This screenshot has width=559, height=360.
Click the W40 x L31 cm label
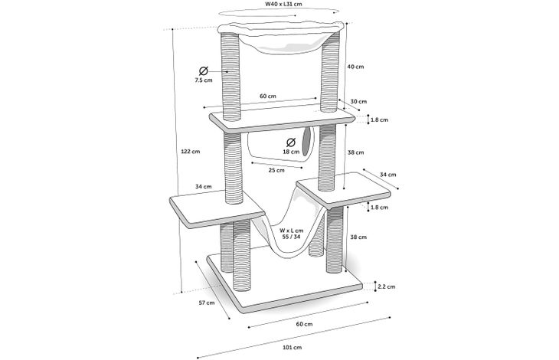(x=279, y=5)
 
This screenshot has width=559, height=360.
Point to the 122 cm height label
(x=191, y=151)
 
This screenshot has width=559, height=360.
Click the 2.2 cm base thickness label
(x=386, y=286)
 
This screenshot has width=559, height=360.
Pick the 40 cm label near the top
(x=355, y=67)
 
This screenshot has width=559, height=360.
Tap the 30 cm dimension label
(x=358, y=102)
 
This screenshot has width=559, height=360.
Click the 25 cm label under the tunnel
(x=276, y=170)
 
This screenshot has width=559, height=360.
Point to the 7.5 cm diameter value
(x=203, y=80)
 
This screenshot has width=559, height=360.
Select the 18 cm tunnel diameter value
(x=290, y=152)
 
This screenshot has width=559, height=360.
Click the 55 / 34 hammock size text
(x=291, y=237)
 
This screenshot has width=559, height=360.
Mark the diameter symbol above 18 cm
(x=290, y=142)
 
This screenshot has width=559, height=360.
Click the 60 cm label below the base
(x=303, y=324)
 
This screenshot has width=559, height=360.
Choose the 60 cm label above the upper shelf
(x=267, y=96)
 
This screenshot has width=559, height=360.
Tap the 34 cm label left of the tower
(x=203, y=186)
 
